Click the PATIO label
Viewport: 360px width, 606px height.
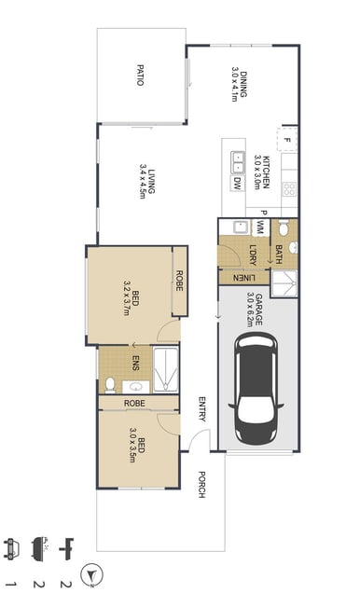(x=141, y=76)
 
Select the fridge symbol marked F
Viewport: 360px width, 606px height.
(x=287, y=139)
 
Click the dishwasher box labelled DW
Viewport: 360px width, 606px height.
(x=237, y=183)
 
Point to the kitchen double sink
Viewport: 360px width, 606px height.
(x=238, y=162)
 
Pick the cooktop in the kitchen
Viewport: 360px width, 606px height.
(x=290, y=189)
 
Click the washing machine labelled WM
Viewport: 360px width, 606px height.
(x=260, y=227)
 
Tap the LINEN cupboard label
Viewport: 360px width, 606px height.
(x=244, y=278)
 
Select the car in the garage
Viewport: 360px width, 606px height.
(x=256, y=388)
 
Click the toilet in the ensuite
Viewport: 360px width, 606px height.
(x=110, y=384)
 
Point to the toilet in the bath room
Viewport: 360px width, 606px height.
(x=284, y=227)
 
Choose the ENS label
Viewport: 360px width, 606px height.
(x=135, y=362)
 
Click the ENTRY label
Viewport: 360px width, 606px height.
(x=201, y=409)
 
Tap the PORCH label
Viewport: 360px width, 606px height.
(x=201, y=484)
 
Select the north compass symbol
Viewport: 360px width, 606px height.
(x=91, y=574)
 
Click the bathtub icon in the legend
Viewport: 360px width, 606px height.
(x=38, y=547)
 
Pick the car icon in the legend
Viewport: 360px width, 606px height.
(x=10, y=549)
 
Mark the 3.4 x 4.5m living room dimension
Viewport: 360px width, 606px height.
(x=143, y=181)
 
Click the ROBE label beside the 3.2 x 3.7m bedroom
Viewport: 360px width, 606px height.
(x=179, y=281)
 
